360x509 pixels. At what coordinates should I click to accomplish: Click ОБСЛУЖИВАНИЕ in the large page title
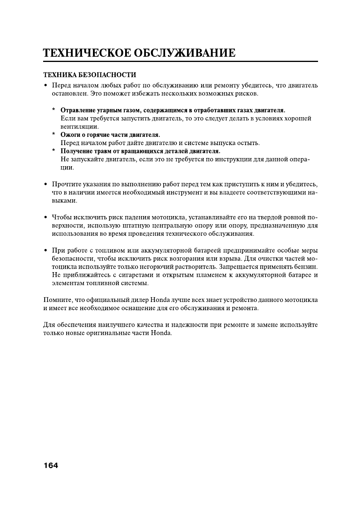185,53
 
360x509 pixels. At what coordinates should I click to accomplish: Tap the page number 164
51,465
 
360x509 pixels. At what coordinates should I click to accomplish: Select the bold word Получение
76,151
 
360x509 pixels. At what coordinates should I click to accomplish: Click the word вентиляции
80,127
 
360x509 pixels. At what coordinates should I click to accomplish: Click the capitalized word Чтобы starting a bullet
61,217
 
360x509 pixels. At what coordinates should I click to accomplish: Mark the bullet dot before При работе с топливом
46,251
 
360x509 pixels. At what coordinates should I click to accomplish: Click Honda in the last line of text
162,333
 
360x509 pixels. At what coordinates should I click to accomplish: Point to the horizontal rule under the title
180,62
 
